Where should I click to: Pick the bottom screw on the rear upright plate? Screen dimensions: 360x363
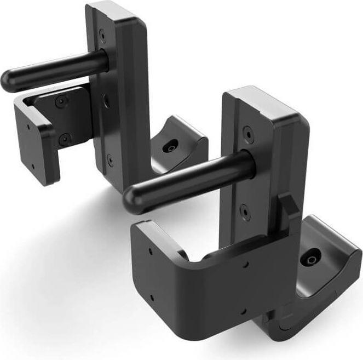(110, 159)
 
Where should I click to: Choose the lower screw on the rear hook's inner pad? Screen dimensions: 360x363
(65, 139)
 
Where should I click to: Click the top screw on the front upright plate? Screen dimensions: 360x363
(250, 133)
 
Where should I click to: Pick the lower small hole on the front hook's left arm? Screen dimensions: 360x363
(152, 299)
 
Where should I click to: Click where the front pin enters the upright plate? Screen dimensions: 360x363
(249, 163)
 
